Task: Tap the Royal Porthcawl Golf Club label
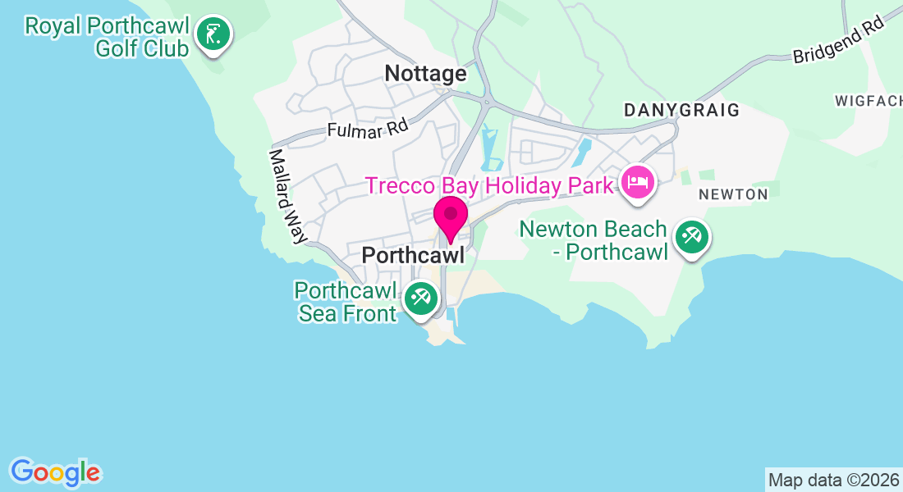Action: pos(108,37)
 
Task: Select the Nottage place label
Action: pos(425,74)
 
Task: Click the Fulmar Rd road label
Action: pos(368,129)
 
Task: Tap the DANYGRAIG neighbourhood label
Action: pos(681,110)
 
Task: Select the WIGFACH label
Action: pos(868,101)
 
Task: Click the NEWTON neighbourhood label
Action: pos(733,194)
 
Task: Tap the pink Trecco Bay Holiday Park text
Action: pos(489,185)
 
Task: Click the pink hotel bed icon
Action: pos(638,181)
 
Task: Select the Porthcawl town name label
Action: pos(413,256)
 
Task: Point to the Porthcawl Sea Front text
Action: pos(346,302)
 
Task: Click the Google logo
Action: pos(55,472)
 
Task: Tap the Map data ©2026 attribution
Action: pos(833,479)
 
